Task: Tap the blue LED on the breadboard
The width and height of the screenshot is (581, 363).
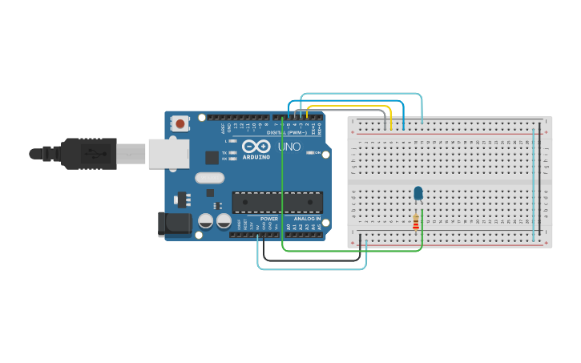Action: tap(418, 193)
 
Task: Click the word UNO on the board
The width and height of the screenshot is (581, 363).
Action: tap(288, 147)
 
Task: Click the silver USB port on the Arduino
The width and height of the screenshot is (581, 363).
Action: tap(167, 153)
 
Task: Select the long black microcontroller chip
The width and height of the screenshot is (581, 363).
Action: tap(277, 203)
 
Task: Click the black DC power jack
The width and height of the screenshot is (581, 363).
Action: tap(176, 224)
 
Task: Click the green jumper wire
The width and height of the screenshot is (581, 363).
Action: tap(282, 184)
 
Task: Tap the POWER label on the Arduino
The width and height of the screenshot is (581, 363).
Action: tap(269, 219)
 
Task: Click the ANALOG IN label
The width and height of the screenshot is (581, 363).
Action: tap(306, 219)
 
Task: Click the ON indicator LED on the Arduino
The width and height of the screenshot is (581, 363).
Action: tap(309, 152)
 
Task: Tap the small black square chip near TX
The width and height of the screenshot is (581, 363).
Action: tap(212, 157)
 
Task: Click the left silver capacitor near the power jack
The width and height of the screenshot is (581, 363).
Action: tap(206, 220)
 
